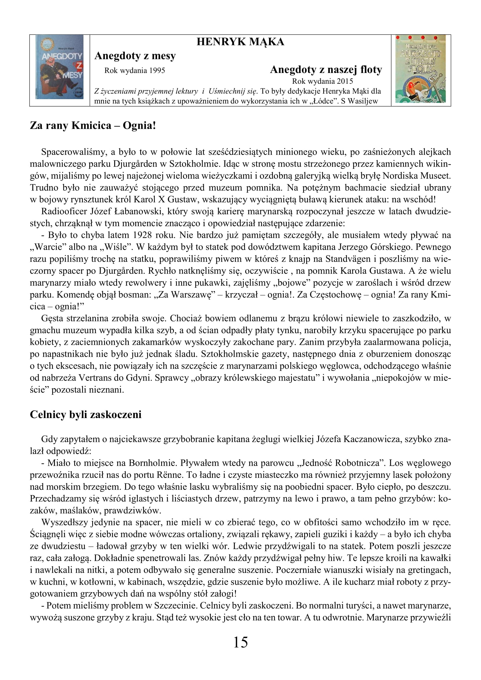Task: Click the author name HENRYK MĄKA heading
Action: click(x=240, y=42)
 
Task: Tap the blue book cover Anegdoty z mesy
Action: click(x=60, y=67)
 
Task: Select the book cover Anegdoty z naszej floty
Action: click(x=420, y=69)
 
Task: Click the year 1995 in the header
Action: click(x=157, y=70)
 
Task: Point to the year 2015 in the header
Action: click(x=345, y=81)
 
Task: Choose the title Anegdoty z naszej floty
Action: click(x=326, y=69)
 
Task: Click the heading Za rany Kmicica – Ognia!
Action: click(x=93, y=126)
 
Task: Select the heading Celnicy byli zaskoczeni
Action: click(x=85, y=414)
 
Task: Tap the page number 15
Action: click(x=240, y=643)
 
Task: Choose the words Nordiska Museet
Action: click(x=416, y=176)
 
